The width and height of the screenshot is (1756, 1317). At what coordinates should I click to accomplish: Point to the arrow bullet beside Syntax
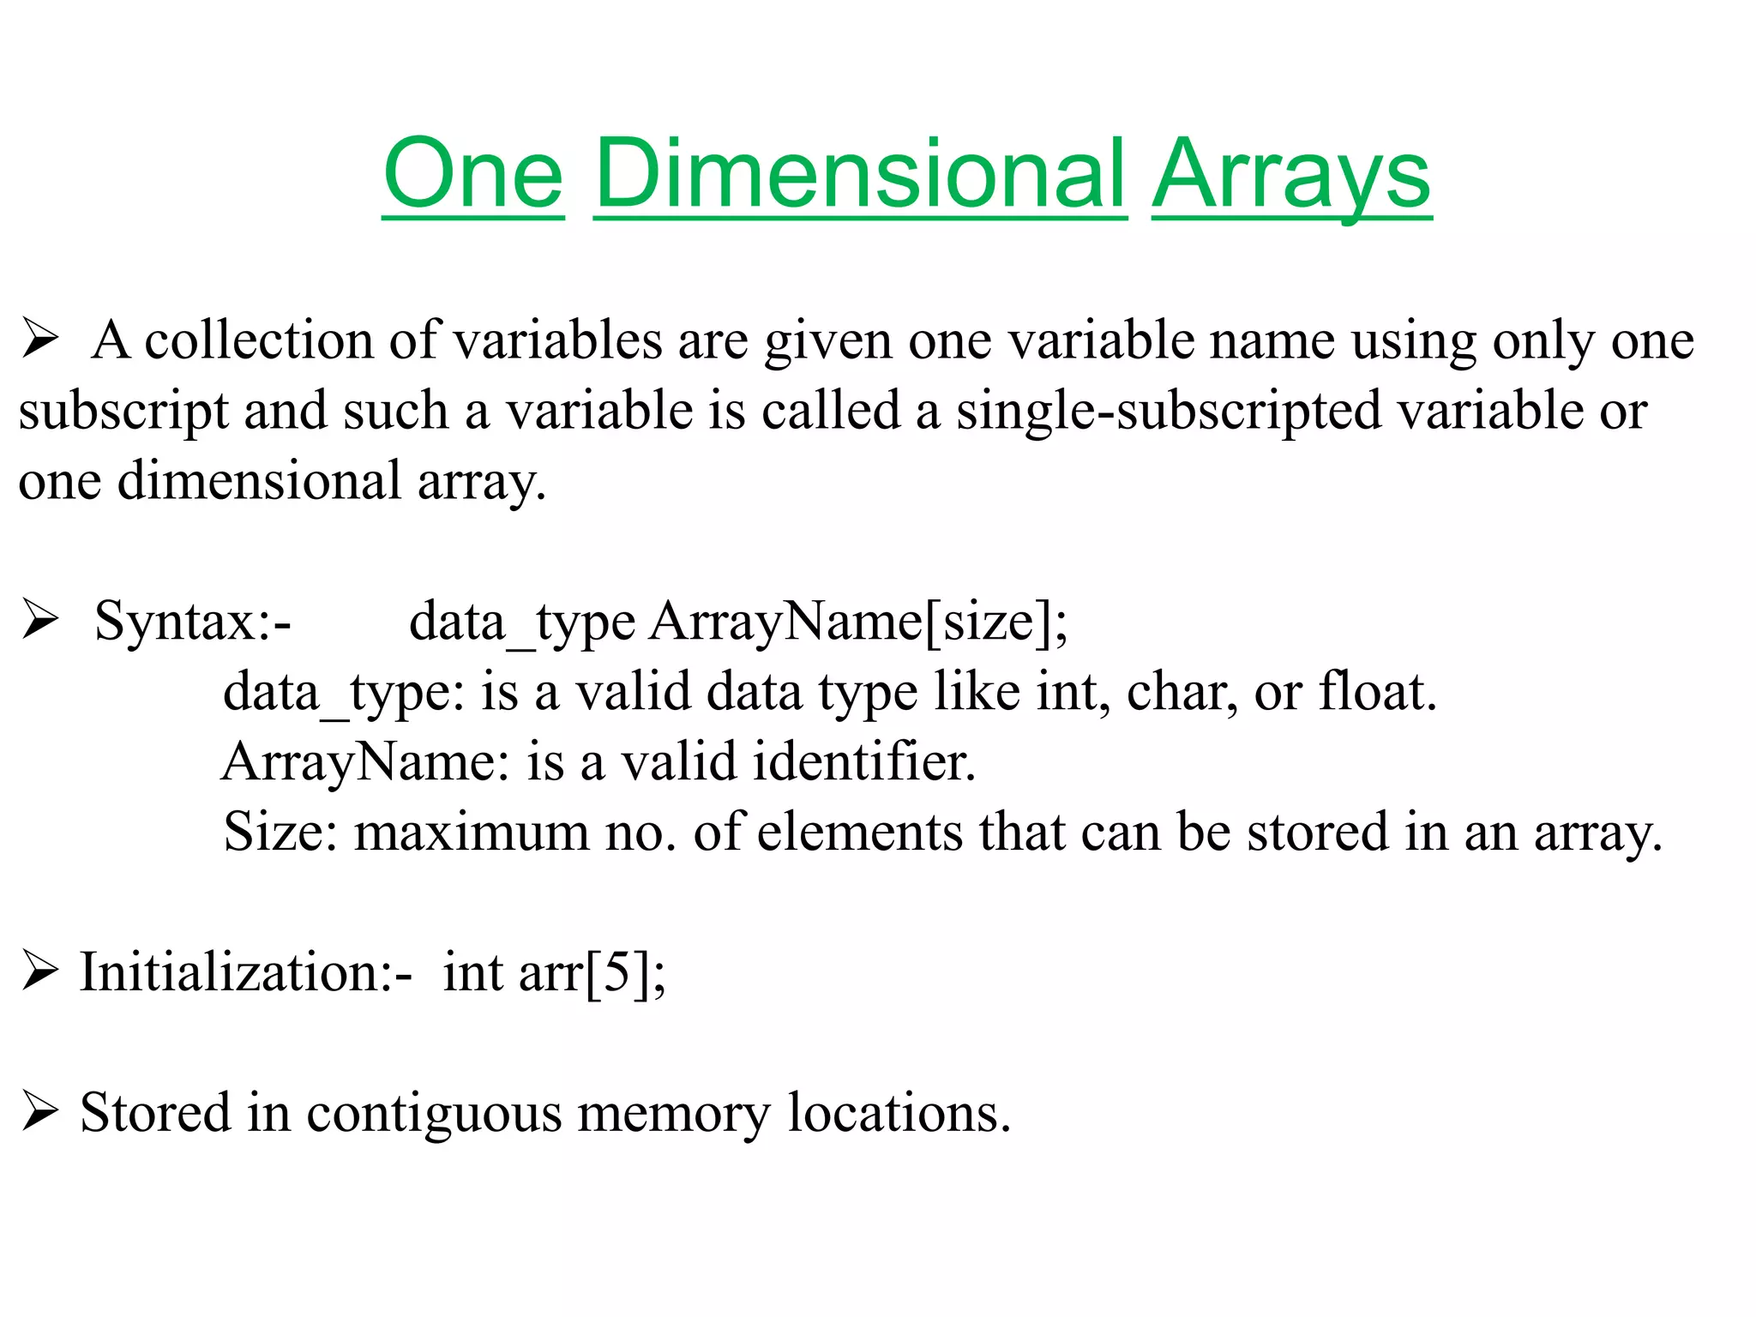tap(40, 619)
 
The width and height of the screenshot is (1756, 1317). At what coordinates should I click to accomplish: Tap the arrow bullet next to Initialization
tap(40, 971)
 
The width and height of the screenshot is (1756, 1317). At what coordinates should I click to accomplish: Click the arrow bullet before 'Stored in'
tap(40, 1112)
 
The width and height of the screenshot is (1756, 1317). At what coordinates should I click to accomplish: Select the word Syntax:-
tap(193, 621)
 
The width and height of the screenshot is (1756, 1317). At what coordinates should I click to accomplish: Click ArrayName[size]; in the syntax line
tap(858, 621)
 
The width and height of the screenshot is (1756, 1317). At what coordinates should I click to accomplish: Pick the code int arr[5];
tap(554, 973)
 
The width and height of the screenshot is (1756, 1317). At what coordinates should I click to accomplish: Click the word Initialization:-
tap(246, 973)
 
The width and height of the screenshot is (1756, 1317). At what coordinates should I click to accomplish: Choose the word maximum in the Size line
tap(472, 832)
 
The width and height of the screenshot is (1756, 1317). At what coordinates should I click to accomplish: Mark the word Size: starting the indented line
tap(280, 832)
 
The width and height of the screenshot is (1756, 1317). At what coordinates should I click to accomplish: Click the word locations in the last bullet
tap(899, 1114)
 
